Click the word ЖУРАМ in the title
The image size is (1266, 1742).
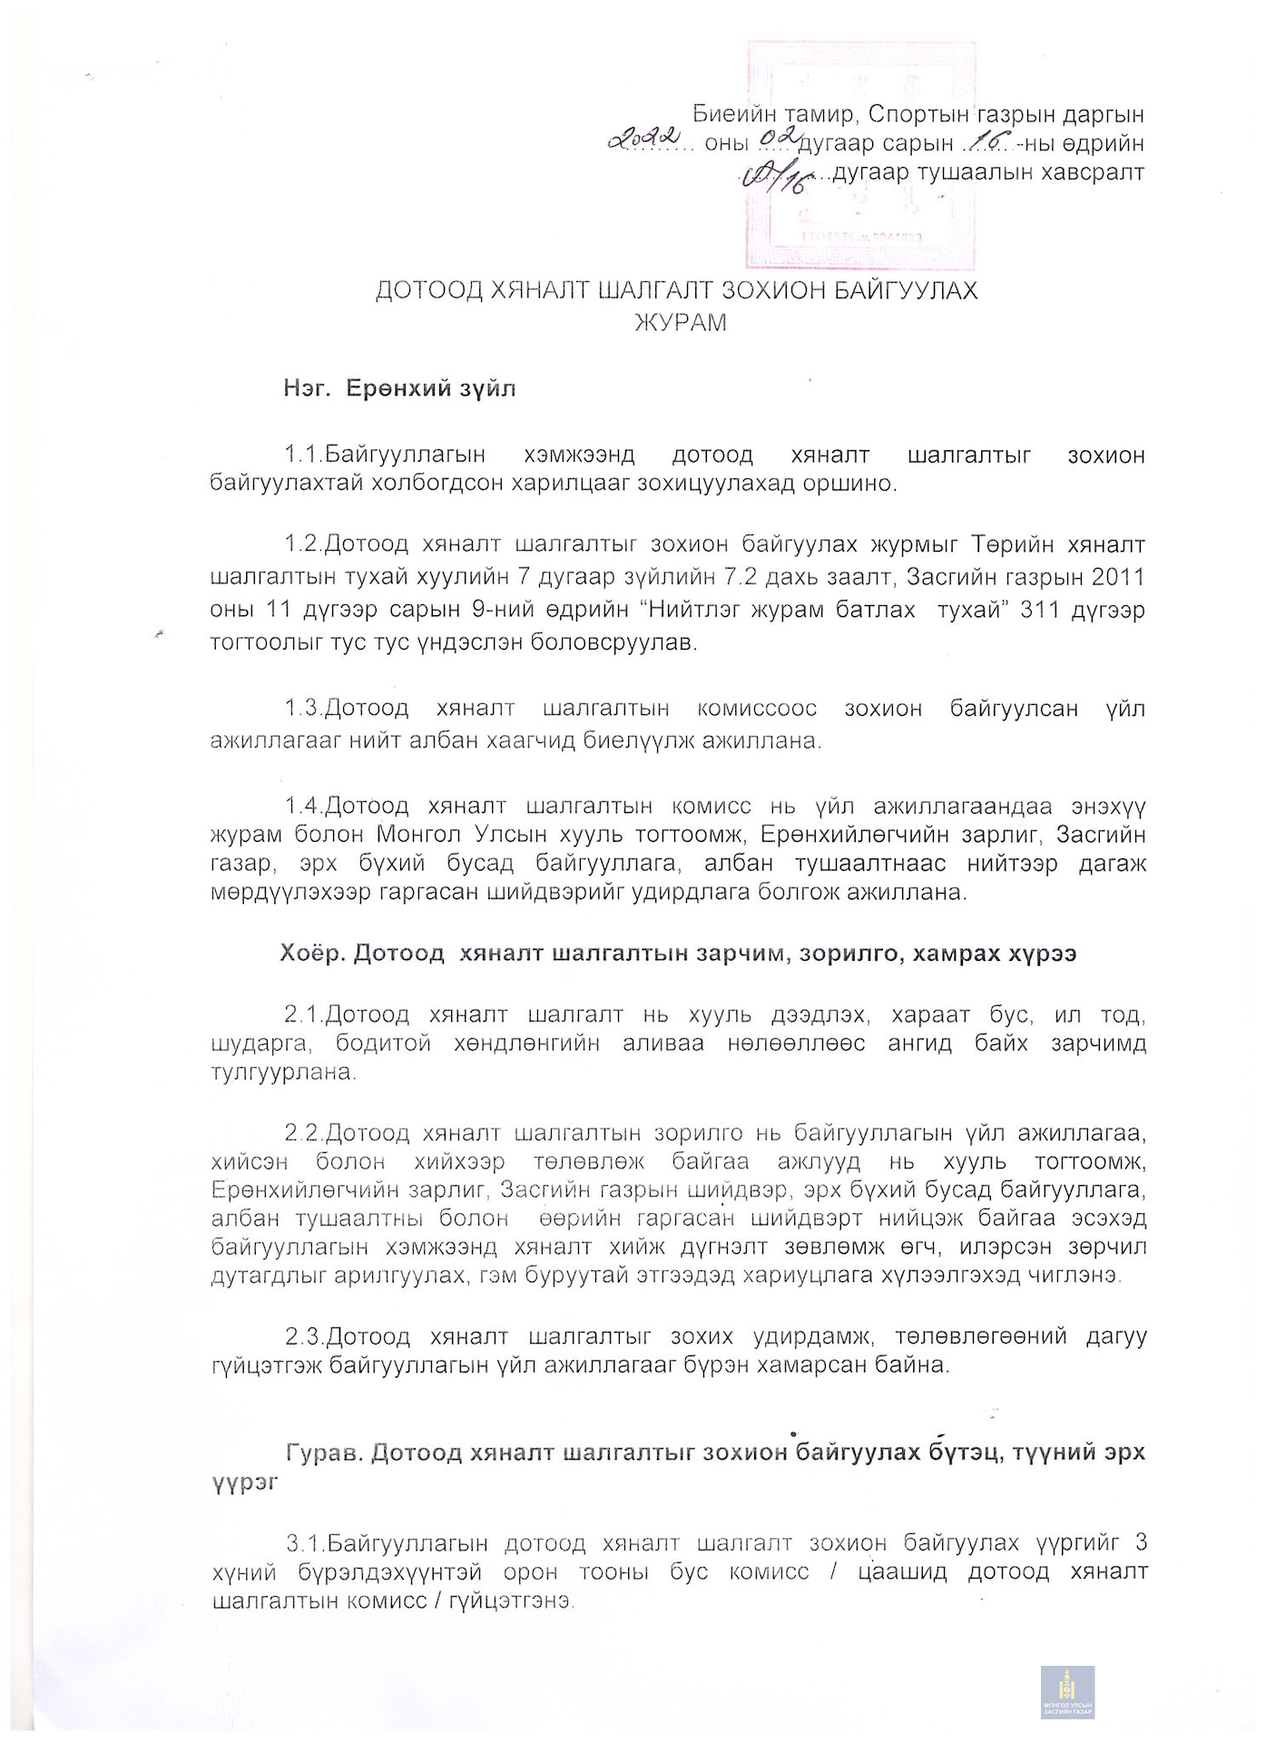681,323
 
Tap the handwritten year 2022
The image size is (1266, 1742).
644,139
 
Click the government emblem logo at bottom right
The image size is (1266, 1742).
1067,1691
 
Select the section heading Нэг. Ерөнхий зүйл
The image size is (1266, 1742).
399,389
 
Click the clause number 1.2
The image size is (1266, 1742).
303,544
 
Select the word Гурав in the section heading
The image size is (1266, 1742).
325,1453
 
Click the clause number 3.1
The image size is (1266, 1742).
306,1542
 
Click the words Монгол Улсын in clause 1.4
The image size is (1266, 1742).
442,834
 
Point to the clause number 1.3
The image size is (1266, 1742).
303,708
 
